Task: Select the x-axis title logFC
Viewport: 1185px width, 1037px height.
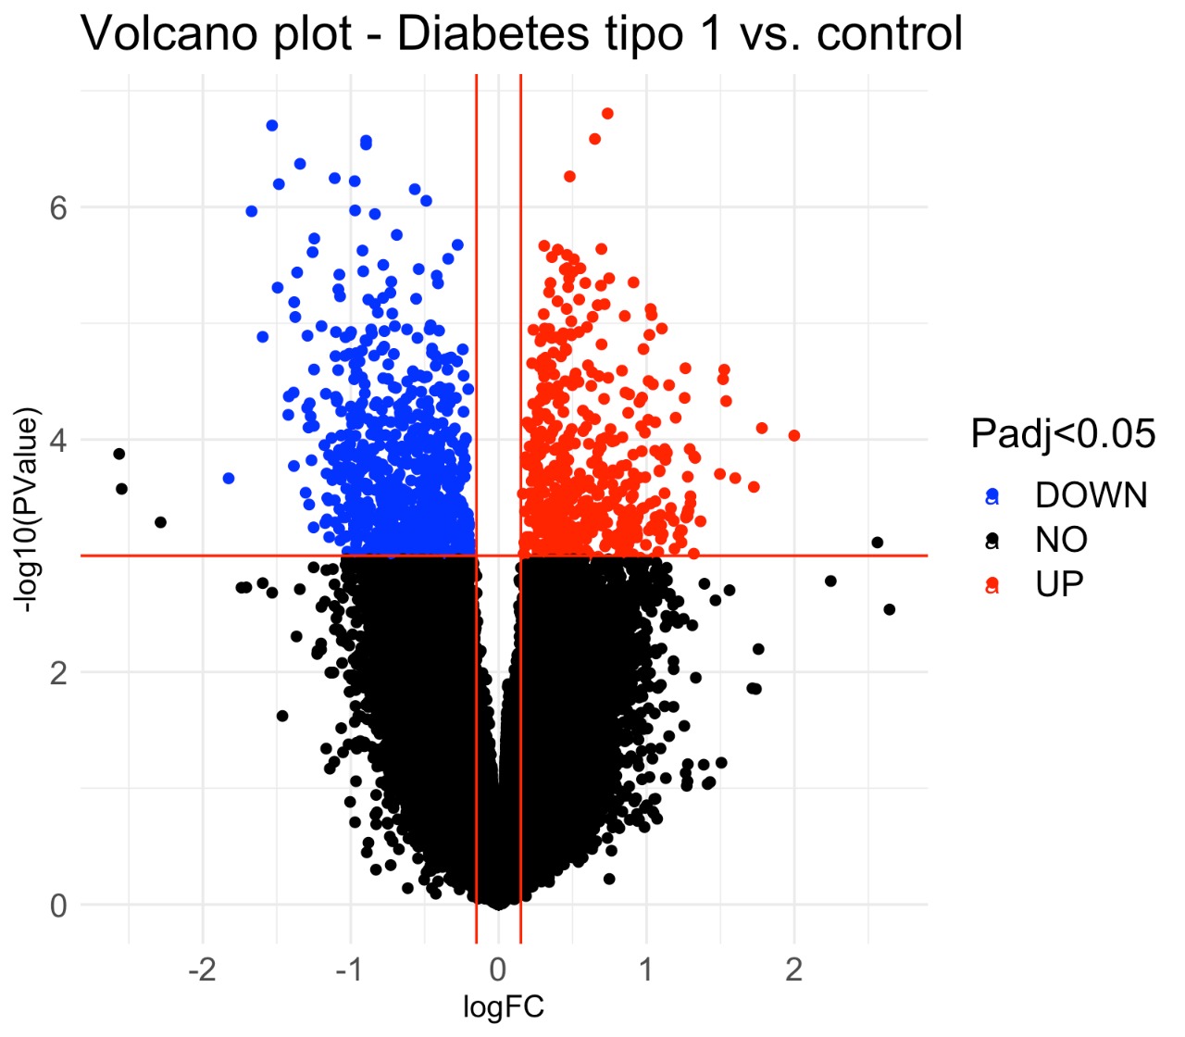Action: tap(503, 1006)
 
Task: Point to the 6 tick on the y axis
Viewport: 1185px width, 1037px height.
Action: tap(58, 207)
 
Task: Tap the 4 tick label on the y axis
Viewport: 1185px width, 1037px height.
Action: tap(58, 440)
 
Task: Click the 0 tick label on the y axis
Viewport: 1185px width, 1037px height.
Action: tap(58, 905)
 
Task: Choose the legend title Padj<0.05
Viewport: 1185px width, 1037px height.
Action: tap(1063, 433)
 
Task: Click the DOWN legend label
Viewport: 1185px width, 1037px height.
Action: tap(1091, 495)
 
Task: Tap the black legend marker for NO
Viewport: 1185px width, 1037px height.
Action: tap(992, 539)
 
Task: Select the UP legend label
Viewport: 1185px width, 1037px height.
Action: tap(1059, 584)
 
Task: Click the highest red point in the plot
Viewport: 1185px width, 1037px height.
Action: tap(607, 114)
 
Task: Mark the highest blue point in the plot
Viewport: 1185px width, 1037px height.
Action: tap(271, 125)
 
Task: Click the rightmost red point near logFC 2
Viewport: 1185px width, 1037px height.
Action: tap(793, 435)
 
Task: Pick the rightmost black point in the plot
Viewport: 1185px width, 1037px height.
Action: tap(889, 609)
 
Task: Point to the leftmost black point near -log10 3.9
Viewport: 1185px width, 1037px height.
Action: tap(118, 454)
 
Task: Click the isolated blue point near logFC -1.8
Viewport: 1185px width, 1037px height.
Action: tap(228, 478)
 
